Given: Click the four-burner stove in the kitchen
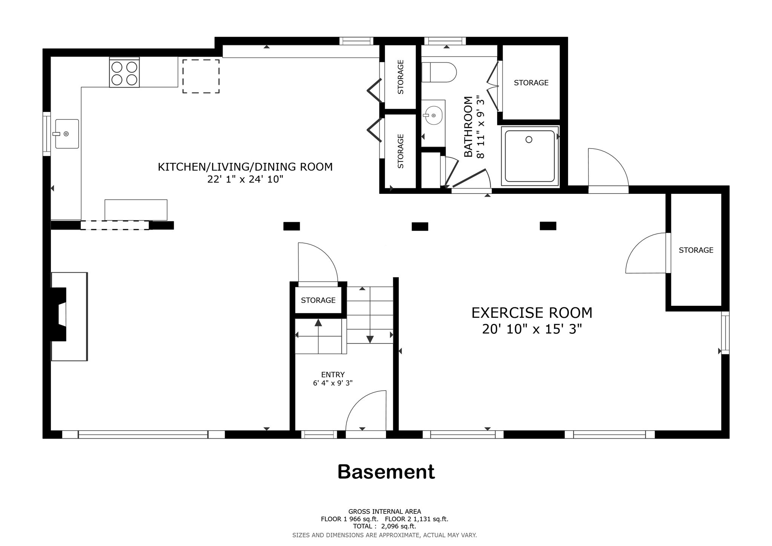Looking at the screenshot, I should pyautogui.click(x=124, y=73).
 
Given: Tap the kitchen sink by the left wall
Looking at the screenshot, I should pyautogui.click(x=67, y=134).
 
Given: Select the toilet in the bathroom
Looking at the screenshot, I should pyautogui.click(x=439, y=72).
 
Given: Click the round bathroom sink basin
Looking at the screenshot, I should pyautogui.click(x=433, y=115).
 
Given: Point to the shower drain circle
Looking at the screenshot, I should pyautogui.click(x=528, y=140).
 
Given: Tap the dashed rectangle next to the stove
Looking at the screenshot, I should pyautogui.click(x=201, y=76).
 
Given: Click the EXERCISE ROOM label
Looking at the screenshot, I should pyautogui.click(x=532, y=313).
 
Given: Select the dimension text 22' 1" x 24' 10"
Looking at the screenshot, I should pyautogui.click(x=245, y=179).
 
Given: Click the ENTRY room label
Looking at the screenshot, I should pyautogui.click(x=332, y=374).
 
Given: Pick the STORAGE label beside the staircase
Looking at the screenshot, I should pyautogui.click(x=318, y=300).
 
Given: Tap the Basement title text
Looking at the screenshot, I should pyautogui.click(x=386, y=472).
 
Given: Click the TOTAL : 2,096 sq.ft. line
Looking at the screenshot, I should pyautogui.click(x=384, y=526).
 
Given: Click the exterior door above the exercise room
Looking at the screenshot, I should pyautogui.click(x=608, y=168).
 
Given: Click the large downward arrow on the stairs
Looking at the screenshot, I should pyautogui.click(x=370, y=339).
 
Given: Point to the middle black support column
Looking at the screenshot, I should pyautogui.click(x=420, y=227).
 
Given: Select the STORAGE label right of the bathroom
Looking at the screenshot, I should pyautogui.click(x=531, y=83).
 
